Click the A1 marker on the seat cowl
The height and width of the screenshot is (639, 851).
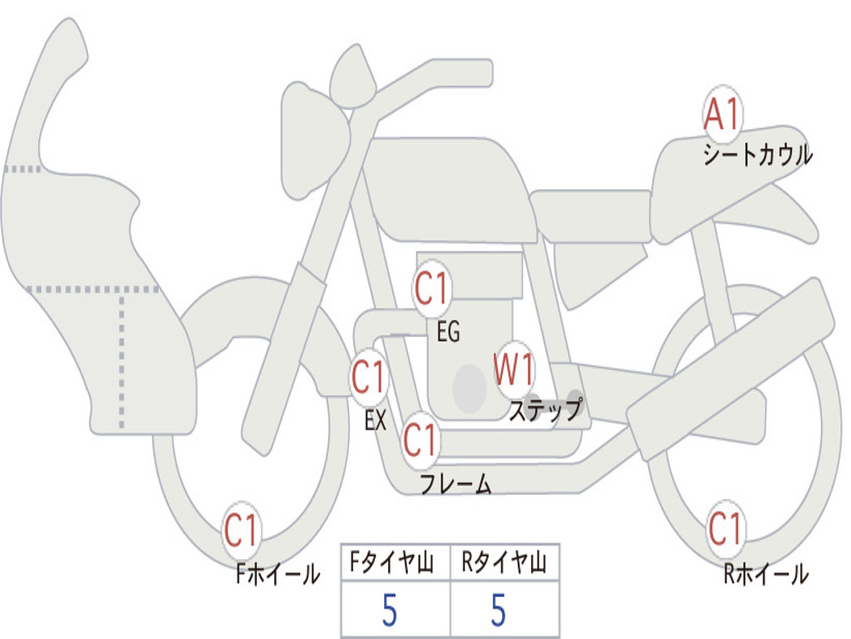[723, 113]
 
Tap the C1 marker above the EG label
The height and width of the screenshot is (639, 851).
[431, 288]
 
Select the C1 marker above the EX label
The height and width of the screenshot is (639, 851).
[369, 377]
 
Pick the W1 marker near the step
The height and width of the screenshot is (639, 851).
[514, 369]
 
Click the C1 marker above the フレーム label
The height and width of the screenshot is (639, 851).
[420, 439]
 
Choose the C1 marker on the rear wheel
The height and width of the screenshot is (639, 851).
[725, 528]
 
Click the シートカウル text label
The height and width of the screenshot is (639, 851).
[758, 154]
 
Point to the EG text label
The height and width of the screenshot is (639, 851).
[448, 331]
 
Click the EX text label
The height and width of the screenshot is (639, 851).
[376, 420]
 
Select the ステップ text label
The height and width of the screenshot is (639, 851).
[545, 409]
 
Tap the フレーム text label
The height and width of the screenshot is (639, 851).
[456, 483]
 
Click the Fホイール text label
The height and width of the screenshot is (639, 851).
[278, 574]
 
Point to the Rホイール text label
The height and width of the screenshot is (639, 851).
[766, 574]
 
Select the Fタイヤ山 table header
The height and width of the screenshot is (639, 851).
[392, 562]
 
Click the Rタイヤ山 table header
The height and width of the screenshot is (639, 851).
[504, 562]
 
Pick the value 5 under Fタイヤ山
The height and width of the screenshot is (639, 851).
[390, 610]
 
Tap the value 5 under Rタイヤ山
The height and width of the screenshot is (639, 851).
[499, 610]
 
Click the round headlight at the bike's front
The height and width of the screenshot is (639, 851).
[353, 76]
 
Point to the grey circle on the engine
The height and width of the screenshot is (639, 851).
[470, 389]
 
